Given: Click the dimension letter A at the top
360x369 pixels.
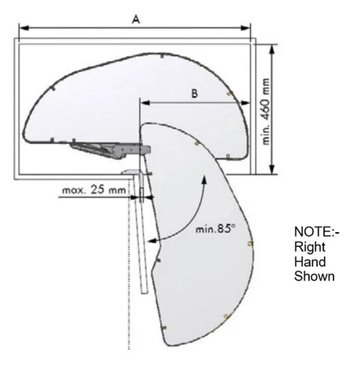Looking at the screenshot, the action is coord(135,20).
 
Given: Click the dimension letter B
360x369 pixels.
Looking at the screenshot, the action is coord(195,93).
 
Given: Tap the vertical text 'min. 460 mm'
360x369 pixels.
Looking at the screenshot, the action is coord(265,111).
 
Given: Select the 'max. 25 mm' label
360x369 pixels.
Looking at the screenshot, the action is coord(94,190).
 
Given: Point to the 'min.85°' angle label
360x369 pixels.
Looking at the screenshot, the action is coord(215,228).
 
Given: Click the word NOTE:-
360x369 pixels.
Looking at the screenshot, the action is coord(317,231).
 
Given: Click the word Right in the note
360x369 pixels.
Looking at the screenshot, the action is coord(310,247).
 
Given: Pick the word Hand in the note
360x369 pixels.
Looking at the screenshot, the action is coord(310,262).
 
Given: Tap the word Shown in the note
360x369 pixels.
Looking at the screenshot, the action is coord(315,276).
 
